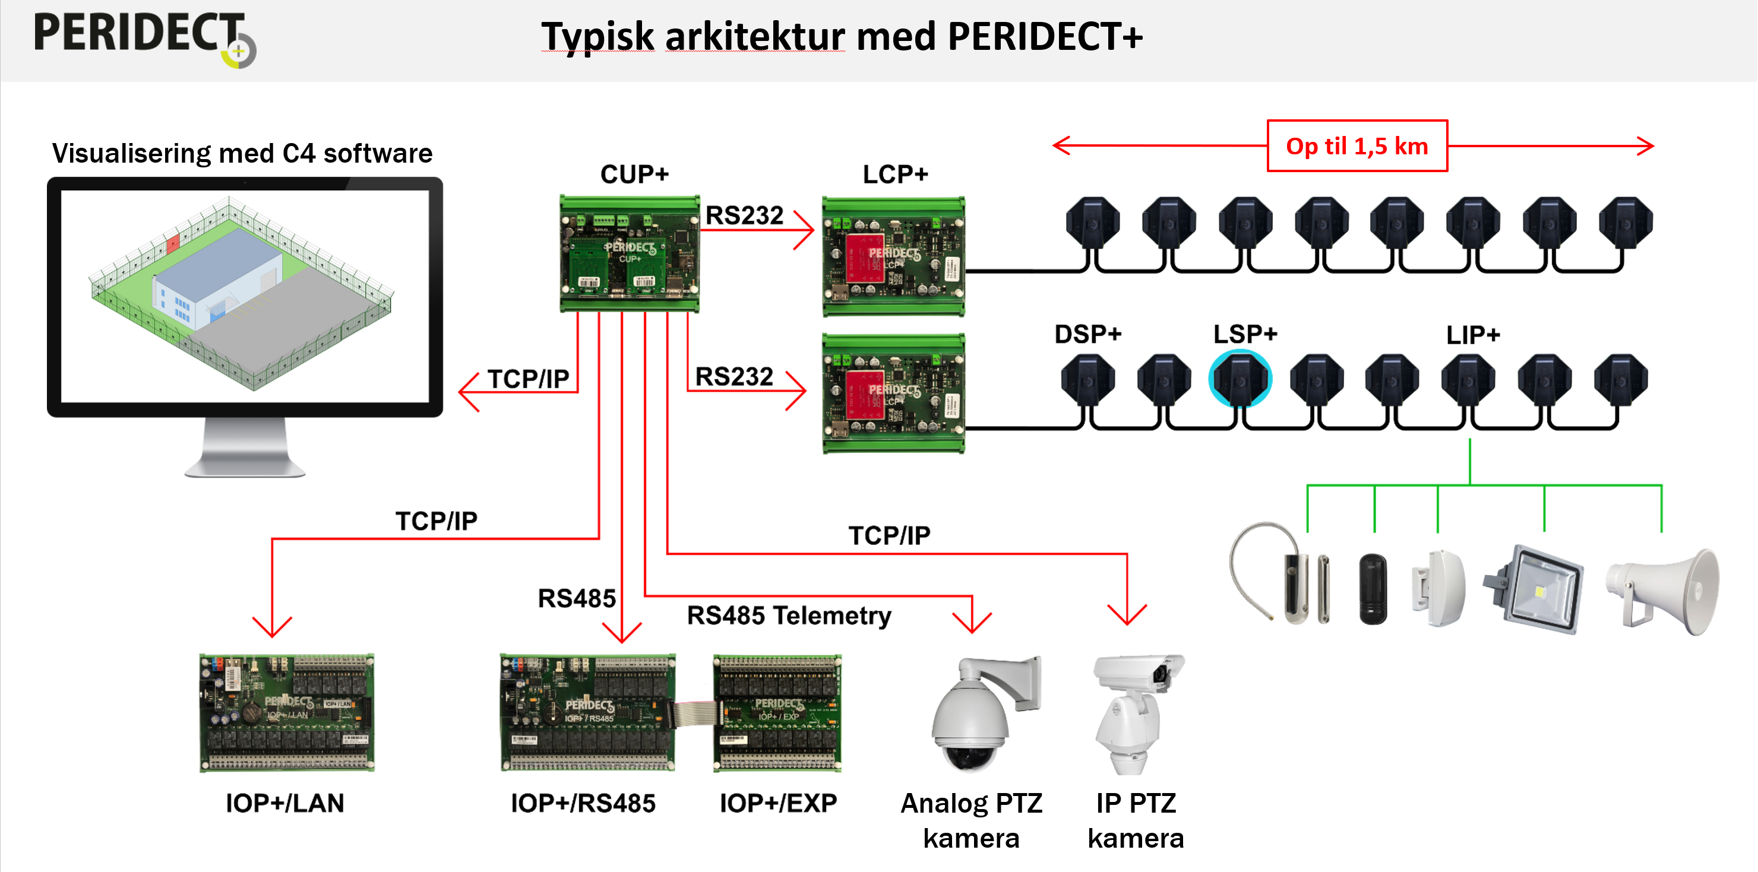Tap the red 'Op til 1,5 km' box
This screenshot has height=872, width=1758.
pos(1357,146)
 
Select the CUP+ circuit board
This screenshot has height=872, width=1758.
pos(629,254)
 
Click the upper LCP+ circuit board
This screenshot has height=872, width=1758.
pos(893,256)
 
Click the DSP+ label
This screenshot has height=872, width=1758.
pos(1088,334)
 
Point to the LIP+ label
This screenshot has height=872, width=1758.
pos(1473,335)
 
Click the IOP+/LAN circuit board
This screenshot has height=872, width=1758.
pos(287,713)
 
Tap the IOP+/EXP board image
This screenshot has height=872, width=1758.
pos(777,713)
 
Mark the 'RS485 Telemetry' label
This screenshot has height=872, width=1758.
pos(789,616)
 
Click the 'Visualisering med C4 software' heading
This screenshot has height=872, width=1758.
pos(242,154)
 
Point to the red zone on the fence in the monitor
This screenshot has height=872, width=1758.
pos(173,242)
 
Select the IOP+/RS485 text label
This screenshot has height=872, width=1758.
pos(583,803)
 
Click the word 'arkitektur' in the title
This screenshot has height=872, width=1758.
pos(755,37)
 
